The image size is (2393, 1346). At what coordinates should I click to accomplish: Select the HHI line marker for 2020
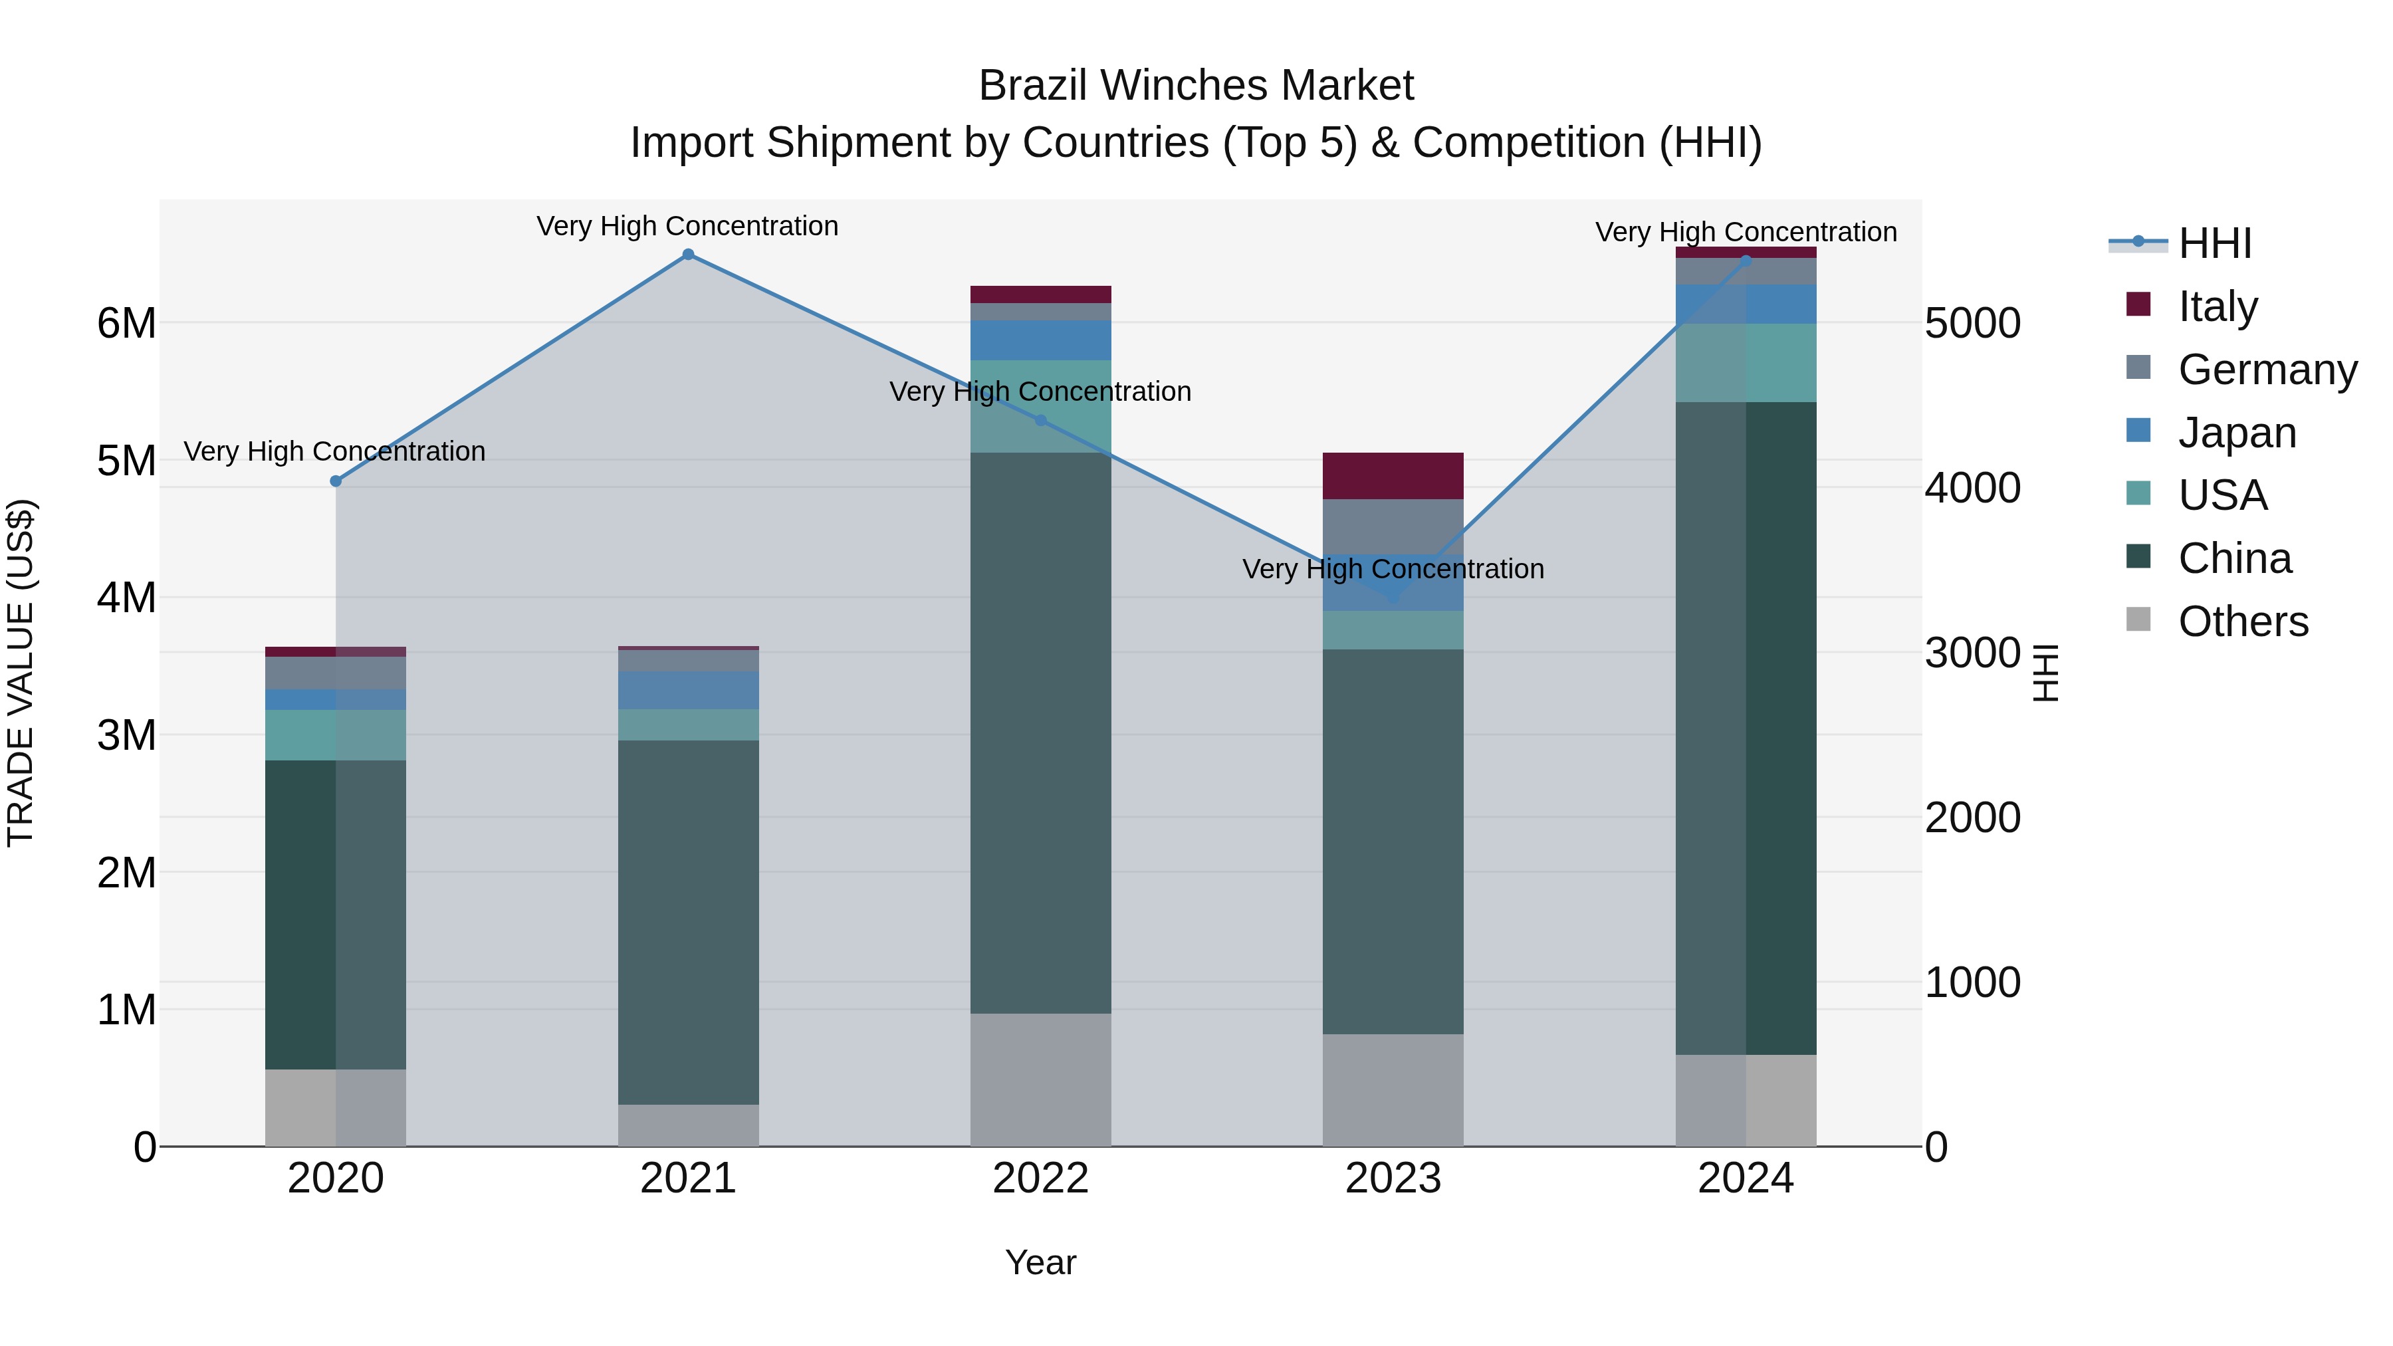click(336, 481)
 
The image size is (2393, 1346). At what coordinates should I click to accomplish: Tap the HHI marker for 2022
click(1040, 421)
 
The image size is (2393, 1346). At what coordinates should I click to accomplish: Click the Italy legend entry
click(2216, 306)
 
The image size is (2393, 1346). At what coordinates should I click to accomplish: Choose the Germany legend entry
click(2266, 370)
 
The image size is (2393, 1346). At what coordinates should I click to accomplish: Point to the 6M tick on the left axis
click(126, 323)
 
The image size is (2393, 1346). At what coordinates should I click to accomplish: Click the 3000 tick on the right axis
click(1972, 653)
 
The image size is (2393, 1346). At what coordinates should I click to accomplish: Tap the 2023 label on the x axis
click(1393, 1178)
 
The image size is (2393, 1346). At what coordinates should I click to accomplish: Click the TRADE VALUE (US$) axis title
click(21, 673)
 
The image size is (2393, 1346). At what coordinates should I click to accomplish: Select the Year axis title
click(1040, 1262)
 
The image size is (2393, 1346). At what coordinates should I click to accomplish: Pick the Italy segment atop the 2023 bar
click(1393, 476)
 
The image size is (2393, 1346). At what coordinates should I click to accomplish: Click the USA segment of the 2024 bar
click(1746, 362)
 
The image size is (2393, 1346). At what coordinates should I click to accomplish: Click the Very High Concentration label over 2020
click(334, 451)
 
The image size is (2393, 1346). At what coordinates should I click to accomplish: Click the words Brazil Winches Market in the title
click(1196, 86)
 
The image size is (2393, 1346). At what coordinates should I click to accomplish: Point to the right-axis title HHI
click(2045, 673)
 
